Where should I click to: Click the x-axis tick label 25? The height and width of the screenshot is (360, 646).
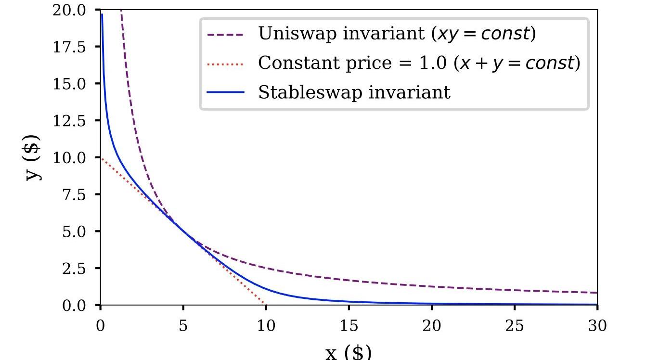(515, 326)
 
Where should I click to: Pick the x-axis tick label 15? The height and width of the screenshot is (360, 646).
(349, 326)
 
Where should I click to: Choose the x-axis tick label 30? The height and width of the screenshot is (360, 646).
(597, 326)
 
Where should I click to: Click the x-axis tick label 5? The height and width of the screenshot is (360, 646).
(183, 326)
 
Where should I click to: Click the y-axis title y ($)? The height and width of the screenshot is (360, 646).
(33, 157)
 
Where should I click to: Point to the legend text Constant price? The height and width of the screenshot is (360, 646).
(308, 63)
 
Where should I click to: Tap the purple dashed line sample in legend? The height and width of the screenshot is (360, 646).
(225, 34)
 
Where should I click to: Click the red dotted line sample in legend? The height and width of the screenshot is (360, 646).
(225, 63)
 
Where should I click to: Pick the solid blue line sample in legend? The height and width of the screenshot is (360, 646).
(225, 92)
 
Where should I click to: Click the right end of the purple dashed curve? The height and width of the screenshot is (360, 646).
(596, 293)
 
